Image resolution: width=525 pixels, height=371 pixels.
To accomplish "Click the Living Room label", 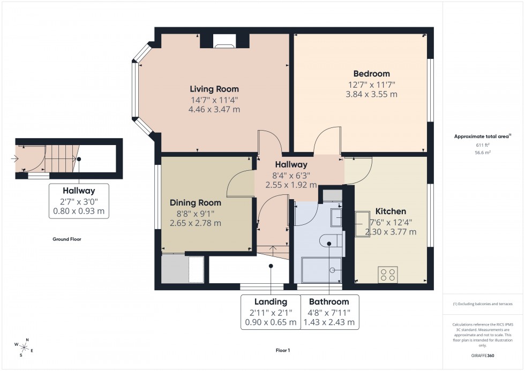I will click(x=214, y=89).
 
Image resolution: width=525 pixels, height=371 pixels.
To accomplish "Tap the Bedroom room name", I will click(x=371, y=73).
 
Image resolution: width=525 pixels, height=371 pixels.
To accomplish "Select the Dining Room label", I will click(x=195, y=202).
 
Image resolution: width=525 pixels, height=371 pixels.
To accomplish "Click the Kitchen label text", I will click(x=390, y=211).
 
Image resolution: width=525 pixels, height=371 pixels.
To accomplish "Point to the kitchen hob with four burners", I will click(x=388, y=274).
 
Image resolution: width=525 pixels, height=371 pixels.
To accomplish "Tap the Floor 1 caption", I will click(x=282, y=350).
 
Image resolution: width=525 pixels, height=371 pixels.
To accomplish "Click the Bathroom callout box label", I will click(x=329, y=302).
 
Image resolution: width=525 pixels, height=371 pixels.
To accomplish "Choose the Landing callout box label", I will click(x=271, y=302).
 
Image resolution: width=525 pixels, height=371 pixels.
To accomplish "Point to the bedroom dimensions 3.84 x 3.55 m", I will click(x=371, y=94).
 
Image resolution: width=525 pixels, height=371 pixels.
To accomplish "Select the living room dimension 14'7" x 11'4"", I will click(x=214, y=100).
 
